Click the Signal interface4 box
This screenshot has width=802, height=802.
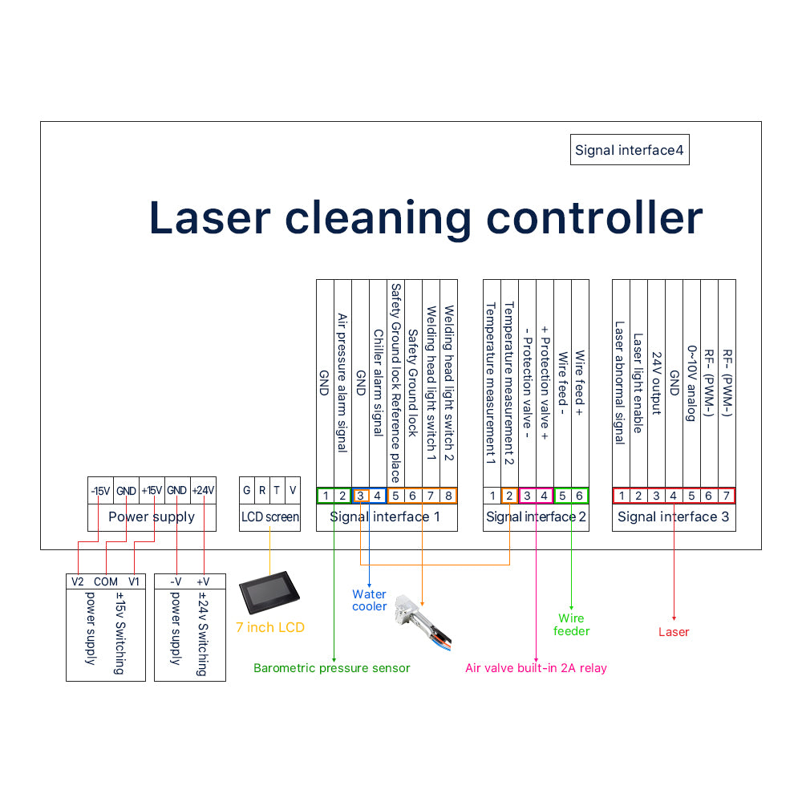(x=630, y=150)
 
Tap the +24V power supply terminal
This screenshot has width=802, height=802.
(x=204, y=491)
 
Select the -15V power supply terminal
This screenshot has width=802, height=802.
(x=100, y=491)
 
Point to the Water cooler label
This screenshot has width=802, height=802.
(x=369, y=601)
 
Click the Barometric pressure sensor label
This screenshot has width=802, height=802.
(x=331, y=668)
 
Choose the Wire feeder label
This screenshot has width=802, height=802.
(x=571, y=625)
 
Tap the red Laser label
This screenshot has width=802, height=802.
(x=674, y=632)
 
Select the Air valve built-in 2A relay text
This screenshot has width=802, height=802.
(x=536, y=668)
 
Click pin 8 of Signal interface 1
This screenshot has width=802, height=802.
(x=448, y=496)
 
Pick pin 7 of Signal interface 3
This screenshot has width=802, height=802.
(x=726, y=496)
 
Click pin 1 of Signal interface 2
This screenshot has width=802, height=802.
(x=492, y=496)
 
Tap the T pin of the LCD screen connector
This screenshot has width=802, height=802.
(x=277, y=491)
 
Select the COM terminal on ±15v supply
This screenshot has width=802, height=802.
(x=105, y=581)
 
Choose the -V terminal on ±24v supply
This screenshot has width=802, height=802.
(x=176, y=581)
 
